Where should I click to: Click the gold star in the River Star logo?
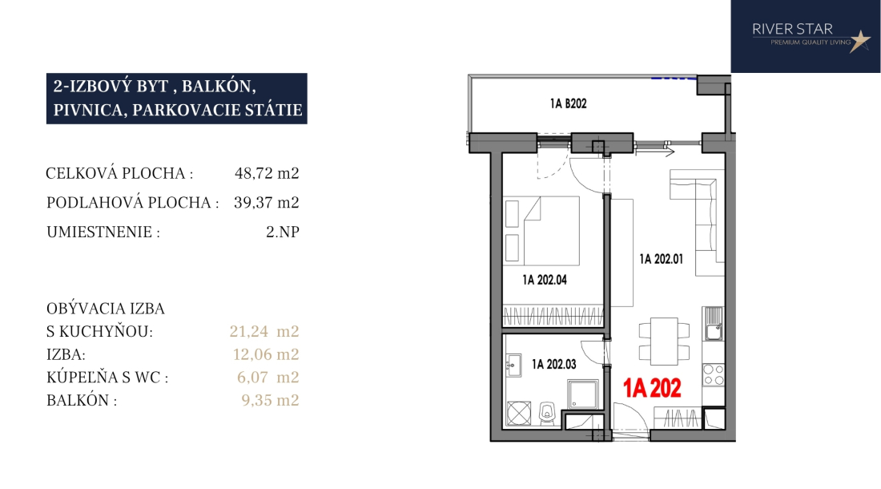pos(859,41)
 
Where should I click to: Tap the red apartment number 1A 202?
pos(652,388)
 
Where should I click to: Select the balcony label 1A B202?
pos(568,103)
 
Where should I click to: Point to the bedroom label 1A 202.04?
pos(545,280)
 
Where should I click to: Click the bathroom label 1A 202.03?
pos(554,364)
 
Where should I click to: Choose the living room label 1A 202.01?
pos(662,259)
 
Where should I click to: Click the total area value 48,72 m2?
pos(267,173)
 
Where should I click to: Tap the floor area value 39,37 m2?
pos(267,202)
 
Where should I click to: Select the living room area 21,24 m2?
pos(264,332)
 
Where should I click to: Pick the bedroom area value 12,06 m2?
pos(266,354)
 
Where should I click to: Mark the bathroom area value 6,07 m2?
pos(268,377)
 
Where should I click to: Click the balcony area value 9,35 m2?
pos(270,400)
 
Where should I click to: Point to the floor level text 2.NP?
pos(283,232)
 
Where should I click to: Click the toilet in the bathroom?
pos(547,413)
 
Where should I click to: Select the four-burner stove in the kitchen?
pos(714,375)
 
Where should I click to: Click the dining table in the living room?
pos(664,341)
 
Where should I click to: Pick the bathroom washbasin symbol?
pos(513,366)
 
